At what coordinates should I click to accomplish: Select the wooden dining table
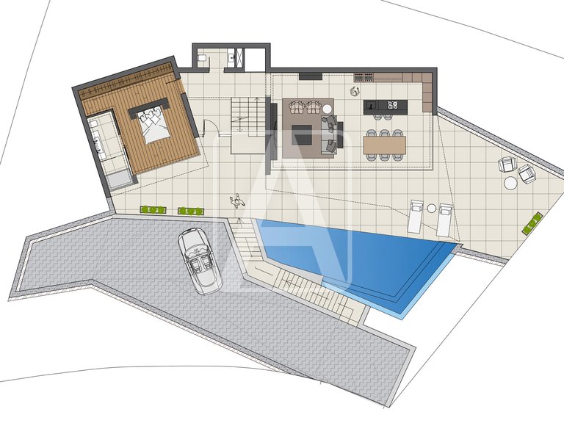(383, 145)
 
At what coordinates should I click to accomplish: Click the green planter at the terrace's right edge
(534, 222)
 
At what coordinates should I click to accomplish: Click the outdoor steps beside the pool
(308, 289)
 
